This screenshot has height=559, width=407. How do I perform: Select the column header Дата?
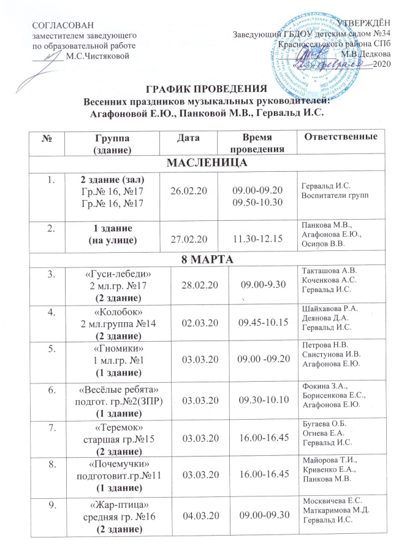(x=187, y=138)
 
